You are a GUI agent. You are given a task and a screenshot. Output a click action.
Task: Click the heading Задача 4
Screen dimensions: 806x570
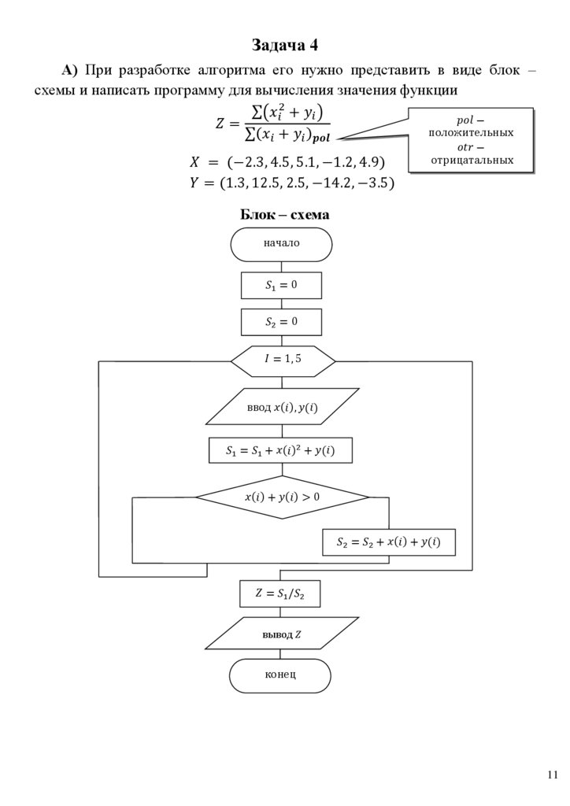tap(285, 44)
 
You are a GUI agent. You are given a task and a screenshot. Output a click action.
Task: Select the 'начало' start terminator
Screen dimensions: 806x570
tap(281, 244)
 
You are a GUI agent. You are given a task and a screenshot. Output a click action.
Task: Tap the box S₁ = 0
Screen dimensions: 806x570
tap(281, 285)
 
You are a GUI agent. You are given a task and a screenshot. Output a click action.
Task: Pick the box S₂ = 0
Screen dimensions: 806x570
tap(281, 322)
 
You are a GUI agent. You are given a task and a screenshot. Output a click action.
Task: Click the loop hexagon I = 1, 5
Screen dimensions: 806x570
tap(283, 360)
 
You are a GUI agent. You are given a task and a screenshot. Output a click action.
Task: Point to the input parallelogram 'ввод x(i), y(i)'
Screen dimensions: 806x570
tap(283, 407)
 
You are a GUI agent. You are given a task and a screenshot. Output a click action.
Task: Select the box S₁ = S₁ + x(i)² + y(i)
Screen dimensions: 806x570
tap(279, 451)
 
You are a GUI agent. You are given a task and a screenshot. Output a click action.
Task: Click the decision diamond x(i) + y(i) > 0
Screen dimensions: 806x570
tap(282, 497)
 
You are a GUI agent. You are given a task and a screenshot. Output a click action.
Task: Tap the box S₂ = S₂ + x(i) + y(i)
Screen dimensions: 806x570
tap(388, 542)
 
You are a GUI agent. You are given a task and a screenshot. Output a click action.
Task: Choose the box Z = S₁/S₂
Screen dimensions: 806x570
tap(279, 594)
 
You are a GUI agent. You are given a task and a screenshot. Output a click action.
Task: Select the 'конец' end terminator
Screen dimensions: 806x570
tap(280, 676)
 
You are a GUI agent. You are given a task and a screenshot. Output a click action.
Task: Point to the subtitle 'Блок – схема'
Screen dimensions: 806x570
tap(284, 214)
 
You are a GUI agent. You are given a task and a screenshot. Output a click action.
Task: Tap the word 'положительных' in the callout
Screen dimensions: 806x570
tap(471, 132)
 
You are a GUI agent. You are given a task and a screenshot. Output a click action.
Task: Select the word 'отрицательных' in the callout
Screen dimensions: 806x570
tap(471, 161)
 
